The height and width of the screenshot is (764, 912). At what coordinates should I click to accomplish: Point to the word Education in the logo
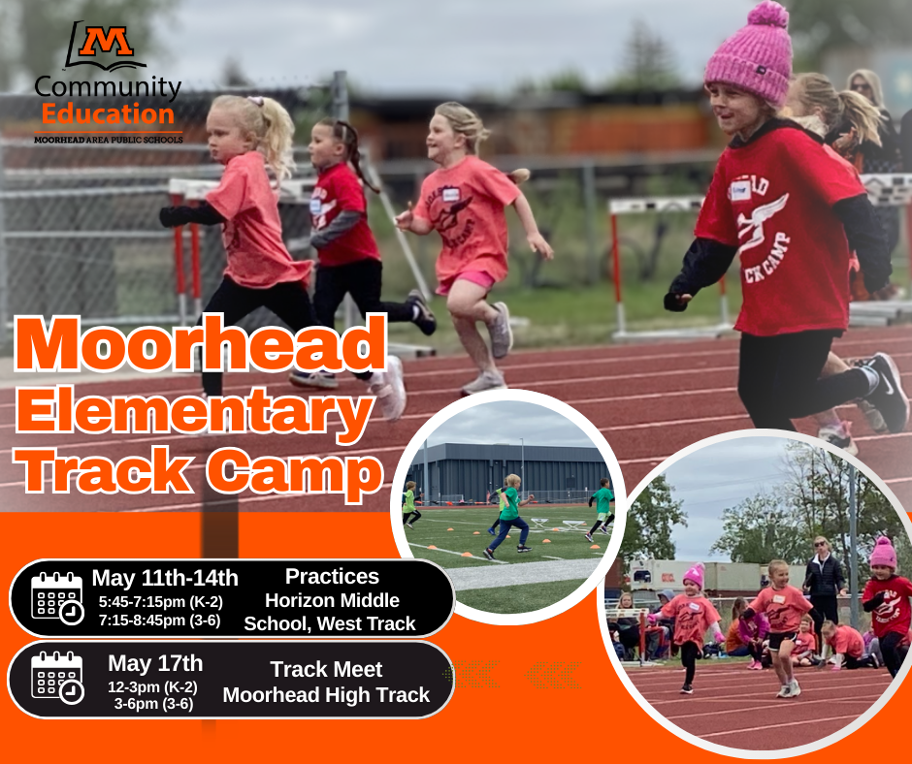coord(107,115)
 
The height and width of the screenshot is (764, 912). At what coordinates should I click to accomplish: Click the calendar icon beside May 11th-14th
coord(56,597)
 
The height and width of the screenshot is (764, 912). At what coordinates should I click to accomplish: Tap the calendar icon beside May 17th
coord(56,677)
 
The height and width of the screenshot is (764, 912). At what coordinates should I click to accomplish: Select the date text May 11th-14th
coord(165,579)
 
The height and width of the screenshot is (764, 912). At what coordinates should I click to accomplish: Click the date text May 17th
coord(155,663)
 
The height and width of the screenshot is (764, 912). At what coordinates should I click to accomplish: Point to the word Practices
coord(331,577)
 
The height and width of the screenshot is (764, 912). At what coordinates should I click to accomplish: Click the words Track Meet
coord(326,669)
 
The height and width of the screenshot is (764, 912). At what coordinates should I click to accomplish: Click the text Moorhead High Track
coord(326,694)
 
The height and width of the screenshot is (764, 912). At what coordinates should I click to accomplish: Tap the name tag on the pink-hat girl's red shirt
coord(741,188)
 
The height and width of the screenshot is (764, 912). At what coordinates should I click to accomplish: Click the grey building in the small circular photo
coord(505,471)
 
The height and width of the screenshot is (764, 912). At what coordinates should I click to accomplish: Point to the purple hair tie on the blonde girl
coord(254,101)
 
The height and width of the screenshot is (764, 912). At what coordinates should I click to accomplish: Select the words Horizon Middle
coord(332,600)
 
